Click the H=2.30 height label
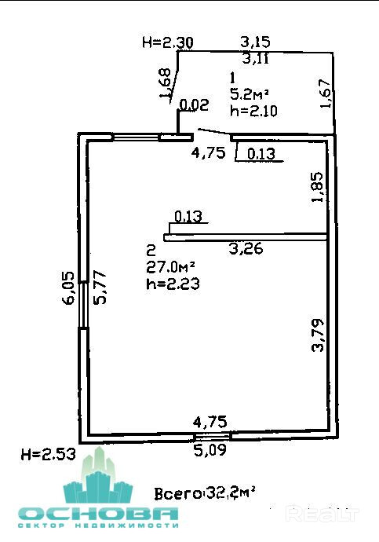(x=168, y=43)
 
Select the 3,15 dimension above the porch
(x=255, y=42)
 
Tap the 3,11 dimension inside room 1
(x=256, y=59)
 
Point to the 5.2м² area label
(x=249, y=93)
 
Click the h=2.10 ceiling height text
(x=253, y=111)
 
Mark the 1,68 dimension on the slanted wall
(x=166, y=84)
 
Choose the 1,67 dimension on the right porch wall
(x=326, y=94)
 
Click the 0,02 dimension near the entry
(x=195, y=105)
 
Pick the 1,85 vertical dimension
(x=318, y=187)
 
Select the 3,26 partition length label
(x=246, y=248)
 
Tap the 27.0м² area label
(x=170, y=267)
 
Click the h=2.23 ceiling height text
(x=173, y=284)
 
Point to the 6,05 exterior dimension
(x=68, y=287)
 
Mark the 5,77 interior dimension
(x=100, y=287)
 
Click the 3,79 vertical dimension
(x=318, y=335)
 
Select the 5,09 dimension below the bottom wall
(x=210, y=450)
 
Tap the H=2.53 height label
(x=49, y=454)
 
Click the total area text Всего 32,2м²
(x=205, y=493)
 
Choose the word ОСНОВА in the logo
(x=98, y=514)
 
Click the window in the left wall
(x=83, y=305)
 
